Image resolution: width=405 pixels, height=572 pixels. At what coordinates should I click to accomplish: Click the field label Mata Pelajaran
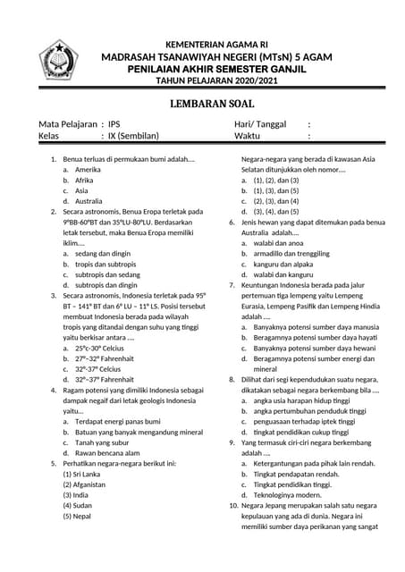[67, 124]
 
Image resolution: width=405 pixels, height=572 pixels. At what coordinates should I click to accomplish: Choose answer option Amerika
[88, 169]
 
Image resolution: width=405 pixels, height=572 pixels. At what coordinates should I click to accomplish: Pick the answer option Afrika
[84, 180]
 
